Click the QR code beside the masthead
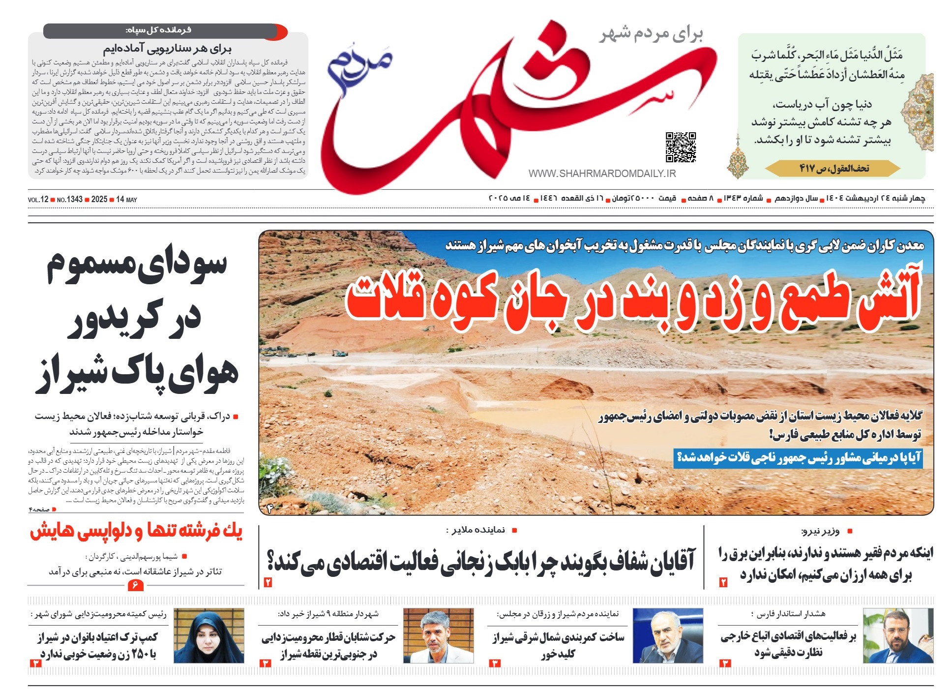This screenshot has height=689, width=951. (x=681, y=147)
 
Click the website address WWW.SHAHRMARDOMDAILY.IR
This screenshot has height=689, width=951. (x=602, y=174)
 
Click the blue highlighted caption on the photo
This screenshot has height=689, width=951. (x=798, y=458)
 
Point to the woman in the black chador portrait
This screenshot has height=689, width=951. (x=209, y=636)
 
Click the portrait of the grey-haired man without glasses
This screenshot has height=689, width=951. (x=438, y=636)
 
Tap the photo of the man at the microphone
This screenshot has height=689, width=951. (x=667, y=636)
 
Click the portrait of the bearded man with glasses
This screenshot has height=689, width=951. (x=897, y=636)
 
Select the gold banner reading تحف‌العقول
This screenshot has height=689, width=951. (x=833, y=169)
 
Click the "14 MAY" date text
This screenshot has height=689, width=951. (x=126, y=200)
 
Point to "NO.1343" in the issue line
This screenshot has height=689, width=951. (x=69, y=200)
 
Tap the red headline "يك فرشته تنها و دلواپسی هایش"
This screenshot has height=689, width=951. (x=136, y=532)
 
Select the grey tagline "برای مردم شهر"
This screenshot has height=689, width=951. (x=651, y=34)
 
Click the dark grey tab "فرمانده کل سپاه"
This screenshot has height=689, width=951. (x=158, y=30)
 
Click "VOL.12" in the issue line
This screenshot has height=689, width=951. (x=38, y=200)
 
